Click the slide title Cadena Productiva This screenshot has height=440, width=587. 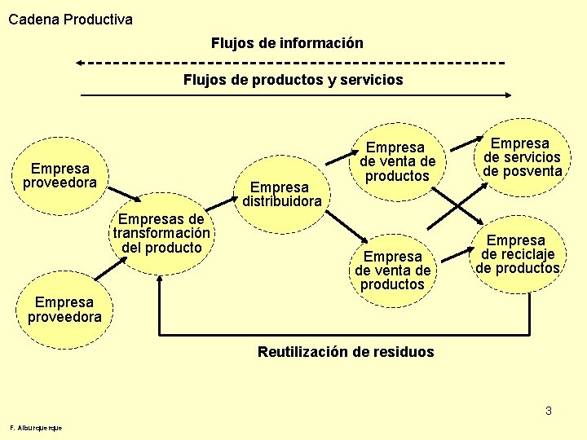click(x=70, y=19)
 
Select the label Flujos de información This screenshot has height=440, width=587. click(x=287, y=42)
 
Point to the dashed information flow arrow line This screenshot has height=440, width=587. click(x=293, y=62)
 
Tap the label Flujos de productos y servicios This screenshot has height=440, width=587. click(x=293, y=80)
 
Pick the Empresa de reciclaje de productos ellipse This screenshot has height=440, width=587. click(x=518, y=254)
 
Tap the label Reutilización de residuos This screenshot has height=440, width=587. click(x=346, y=352)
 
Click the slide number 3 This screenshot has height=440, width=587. click(x=549, y=411)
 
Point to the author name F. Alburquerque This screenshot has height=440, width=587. click(x=36, y=428)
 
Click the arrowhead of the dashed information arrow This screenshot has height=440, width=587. click(x=79, y=62)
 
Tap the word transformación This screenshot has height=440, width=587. click(x=162, y=233)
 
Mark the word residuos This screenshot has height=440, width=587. click(x=403, y=352)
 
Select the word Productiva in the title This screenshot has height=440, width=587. click(x=96, y=19)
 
